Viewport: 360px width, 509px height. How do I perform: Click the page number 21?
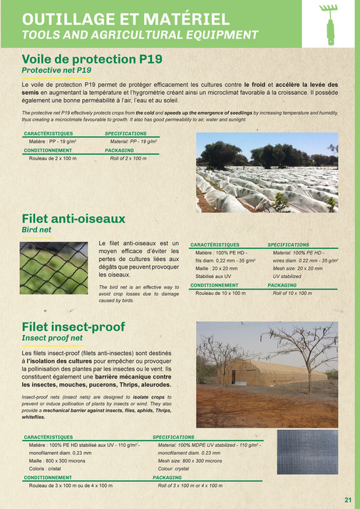[348, 500]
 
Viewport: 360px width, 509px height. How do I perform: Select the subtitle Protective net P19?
[56, 71]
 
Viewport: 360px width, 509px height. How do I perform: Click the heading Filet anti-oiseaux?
[73, 218]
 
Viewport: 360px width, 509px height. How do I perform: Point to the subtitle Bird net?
[37, 230]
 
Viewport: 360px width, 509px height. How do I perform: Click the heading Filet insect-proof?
[73, 327]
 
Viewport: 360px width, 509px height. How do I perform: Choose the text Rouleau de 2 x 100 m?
[53, 158]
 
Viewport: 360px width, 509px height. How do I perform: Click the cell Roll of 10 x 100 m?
[292, 293]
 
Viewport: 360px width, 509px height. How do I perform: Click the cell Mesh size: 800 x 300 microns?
[191, 461]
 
